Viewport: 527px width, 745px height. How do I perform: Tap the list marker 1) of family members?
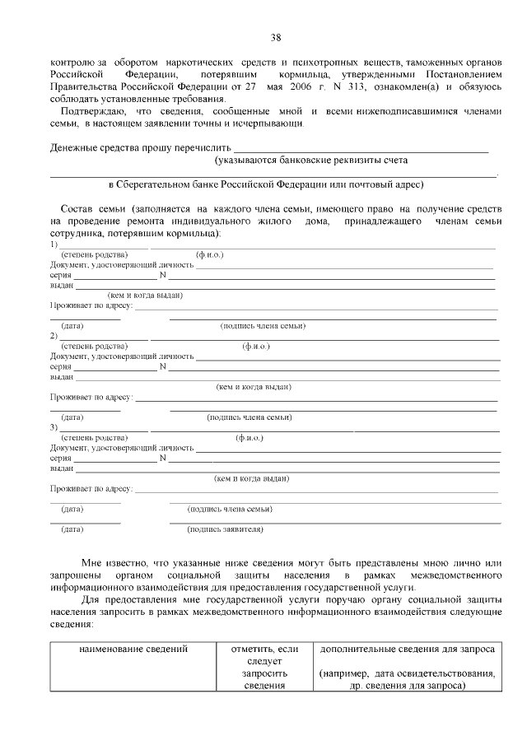pyautogui.click(x=54, y=244)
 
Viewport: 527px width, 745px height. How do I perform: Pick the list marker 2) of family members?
pyautogui.click(x=54, y=336)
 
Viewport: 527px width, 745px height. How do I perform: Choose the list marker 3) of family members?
pyautogui.click(x=54, y=427)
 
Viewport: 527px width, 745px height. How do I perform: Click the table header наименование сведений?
pyautogui.click(x=133, y=650)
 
